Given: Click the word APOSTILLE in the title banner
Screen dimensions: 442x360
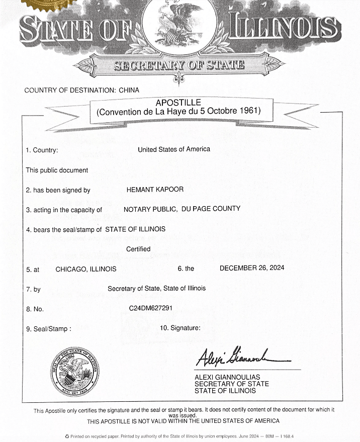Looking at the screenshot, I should tap(178, 102).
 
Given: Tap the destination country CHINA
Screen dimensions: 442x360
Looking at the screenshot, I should tap(129, 91).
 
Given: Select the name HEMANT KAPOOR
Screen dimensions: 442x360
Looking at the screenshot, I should tap(155, 190).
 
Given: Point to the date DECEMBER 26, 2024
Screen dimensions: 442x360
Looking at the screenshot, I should tap(252, 268).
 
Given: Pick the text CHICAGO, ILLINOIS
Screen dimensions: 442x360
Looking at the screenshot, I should tap(85, 269).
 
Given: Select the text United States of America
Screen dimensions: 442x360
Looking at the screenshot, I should tap(174, 149).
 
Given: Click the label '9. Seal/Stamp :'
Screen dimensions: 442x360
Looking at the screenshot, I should tap(48, 329).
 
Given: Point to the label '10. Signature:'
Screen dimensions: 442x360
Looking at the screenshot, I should tap(180, 328).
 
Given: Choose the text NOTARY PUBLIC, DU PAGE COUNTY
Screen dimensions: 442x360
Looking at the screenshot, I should tap(182, 209).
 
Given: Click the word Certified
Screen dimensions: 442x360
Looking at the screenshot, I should tap(138, 249).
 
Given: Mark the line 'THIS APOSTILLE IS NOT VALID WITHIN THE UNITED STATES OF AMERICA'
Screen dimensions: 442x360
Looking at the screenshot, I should tap(183, 421).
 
